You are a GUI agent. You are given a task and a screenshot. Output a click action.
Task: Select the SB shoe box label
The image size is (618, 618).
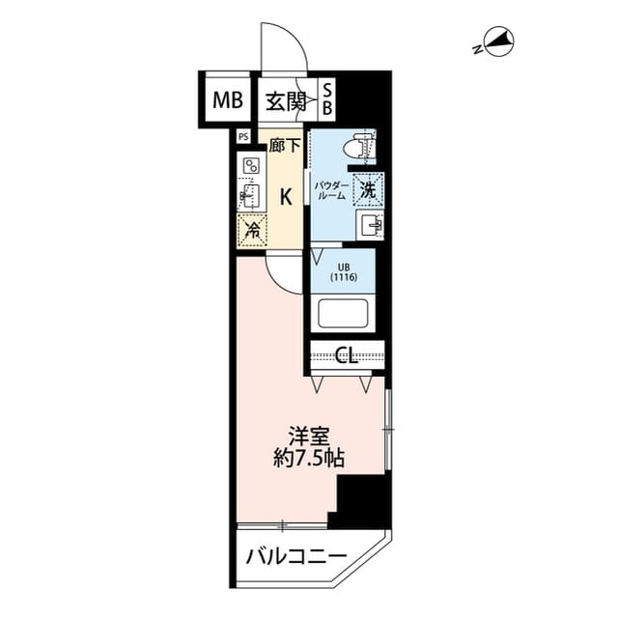tap(326, 99)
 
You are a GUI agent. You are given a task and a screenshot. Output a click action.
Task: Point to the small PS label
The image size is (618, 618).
tap(241, 137)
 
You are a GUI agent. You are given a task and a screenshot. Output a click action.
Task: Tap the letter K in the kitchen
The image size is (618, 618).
tap(285, 197)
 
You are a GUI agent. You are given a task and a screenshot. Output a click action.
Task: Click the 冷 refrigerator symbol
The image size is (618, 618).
tap(250, 229)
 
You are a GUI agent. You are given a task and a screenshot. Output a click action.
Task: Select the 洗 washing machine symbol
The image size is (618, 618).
tap(368, 188)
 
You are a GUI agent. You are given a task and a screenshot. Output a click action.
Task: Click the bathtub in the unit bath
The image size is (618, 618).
tap(346, 314)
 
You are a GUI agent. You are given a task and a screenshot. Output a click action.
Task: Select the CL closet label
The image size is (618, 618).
tap(347, 355)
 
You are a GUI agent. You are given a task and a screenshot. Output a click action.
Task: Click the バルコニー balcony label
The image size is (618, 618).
tap(295, 556)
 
